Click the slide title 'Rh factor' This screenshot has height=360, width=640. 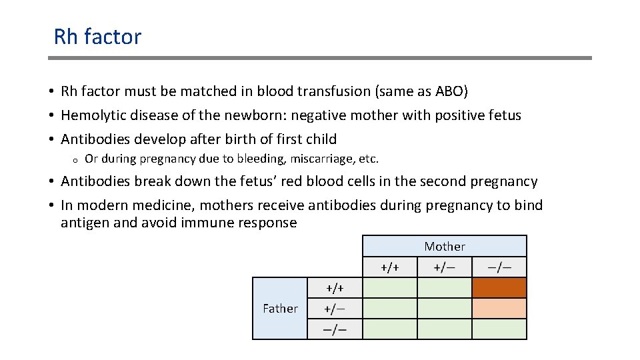[97, 37]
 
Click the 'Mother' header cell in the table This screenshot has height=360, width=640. [445, 247]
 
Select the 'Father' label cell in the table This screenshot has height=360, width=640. [280, 308]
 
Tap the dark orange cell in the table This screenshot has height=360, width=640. [499, 287]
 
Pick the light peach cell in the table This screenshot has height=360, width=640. [499, 308]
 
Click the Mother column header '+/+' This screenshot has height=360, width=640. [390, 267]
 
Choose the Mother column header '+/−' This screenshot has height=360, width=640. [445, 267]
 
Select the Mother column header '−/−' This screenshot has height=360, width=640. [499, 267]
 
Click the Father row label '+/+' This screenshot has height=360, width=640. [335, 287]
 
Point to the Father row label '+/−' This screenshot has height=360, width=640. [335, 308]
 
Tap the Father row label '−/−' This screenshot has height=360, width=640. [335, 329]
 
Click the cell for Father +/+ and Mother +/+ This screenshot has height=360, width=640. [390, 287]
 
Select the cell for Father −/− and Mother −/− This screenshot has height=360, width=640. [499, 329]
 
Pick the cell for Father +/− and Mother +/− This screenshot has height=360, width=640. [445, 308]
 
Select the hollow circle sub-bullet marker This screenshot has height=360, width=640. [76, 160]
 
